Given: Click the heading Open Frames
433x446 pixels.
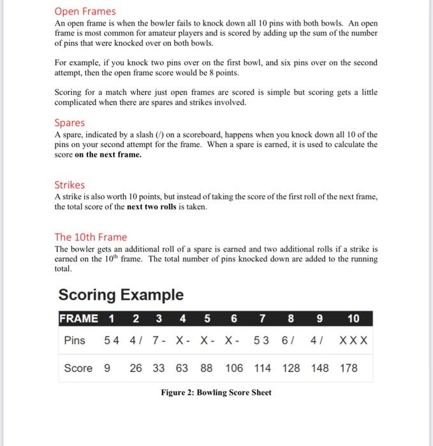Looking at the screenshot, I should point(85,11).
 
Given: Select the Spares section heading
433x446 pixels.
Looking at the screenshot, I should point(70,122).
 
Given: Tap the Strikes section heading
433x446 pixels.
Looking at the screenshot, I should point(70,185).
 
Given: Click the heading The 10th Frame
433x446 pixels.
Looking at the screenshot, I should point(91,237).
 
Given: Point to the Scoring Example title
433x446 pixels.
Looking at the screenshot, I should point(121,295).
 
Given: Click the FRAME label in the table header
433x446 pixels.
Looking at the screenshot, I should point(79,319).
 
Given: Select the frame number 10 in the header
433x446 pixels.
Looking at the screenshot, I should point(353,319).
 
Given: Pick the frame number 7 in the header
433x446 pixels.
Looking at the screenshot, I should point(263,319).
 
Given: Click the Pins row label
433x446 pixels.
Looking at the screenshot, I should point(75,340).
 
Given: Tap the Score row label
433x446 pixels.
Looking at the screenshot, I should point(78,368).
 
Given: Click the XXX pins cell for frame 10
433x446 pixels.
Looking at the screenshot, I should point(353,340).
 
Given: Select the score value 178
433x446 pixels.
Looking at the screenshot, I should point(349,368).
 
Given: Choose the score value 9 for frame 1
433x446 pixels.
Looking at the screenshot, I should point(106,368).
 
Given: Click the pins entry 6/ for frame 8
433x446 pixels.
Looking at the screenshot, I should point(288,340).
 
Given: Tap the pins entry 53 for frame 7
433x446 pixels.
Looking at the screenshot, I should point(261,340).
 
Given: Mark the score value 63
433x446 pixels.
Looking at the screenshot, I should point(182,368).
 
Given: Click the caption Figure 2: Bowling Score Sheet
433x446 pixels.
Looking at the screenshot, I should point(216,392).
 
